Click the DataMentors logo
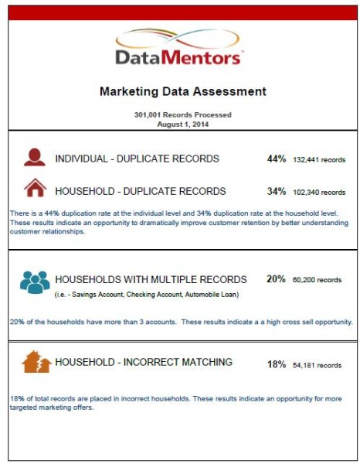pyautogui.click(x=178, y=48)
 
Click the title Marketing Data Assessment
pyautogui.click(x=183, y=91)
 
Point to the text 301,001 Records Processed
pyautogui.click(x=183, y=114)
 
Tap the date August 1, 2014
pyautogui.click(x=183, y=123)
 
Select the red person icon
pyautogui.click(x=35, y=159)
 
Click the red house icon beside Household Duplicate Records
pyautogui.click(x=35, y=189)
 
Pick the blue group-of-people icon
pyautogui.click(x=35, y=282)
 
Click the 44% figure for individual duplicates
pyautogui.click(x=277, y=159)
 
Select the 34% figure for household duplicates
pyautogui.click(x=277, y=191)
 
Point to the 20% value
pyautogui.click(x=277, y=279)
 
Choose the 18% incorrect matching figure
pyautogui.click(x=277, y=364)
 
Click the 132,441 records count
pyautogui.click(x=319, y=160)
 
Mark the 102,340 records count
pyautogui.click(x=319, y=192)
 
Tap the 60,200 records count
pyautogui.click(x=317, y=280)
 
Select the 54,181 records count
pyautogui.click(x=317, y=365)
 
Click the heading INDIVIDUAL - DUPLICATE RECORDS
pyautogui.click(x=137, y=159)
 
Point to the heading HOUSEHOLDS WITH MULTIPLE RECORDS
pyautogui.click(x=151, y=279)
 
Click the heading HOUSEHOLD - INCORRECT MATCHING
pyautogui.click(x=144, y=362)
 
